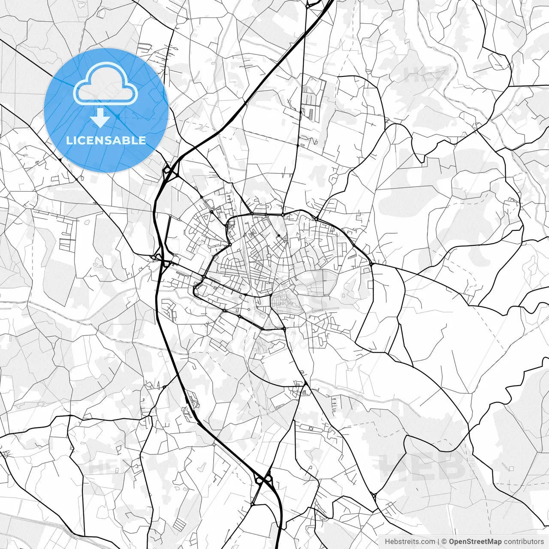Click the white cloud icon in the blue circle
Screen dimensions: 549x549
click(x=106, y=84)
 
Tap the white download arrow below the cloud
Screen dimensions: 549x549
click(x=100, y=118)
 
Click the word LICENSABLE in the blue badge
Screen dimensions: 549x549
click(x=106, y=140)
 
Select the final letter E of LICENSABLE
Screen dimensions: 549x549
click(x=142, y=140)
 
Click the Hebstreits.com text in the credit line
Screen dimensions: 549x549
click(x=410, y=542)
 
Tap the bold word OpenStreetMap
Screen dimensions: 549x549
click(x=475, y=542)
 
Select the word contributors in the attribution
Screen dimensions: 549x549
click(x=524, y=542)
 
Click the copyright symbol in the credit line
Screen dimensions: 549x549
click(x=444, y=542)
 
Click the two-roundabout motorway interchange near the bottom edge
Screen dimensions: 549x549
click(x=264, y=478)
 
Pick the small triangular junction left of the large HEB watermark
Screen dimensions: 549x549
click(x=374, y=495)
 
